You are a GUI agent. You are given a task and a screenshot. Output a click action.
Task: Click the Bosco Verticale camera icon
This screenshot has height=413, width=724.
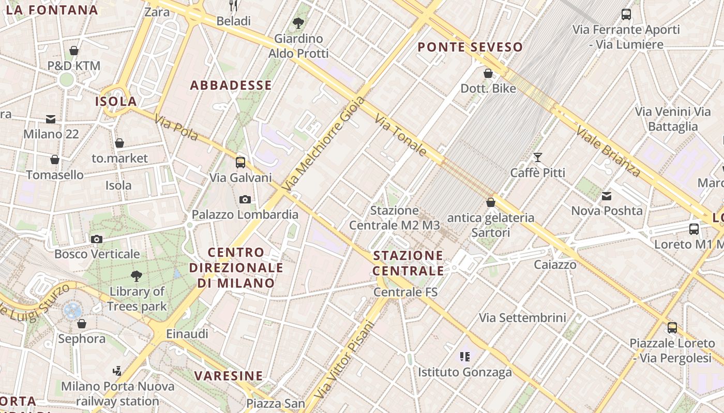pos(97,239)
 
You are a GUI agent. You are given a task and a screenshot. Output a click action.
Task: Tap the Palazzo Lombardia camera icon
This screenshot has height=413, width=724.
pos(245,199)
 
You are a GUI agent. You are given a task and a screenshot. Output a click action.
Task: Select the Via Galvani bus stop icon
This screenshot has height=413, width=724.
pos(240,163)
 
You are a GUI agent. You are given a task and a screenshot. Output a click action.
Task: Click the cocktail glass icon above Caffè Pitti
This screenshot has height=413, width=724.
pos(538,157)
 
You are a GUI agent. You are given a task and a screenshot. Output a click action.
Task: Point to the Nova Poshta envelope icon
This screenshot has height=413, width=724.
pos(607,196)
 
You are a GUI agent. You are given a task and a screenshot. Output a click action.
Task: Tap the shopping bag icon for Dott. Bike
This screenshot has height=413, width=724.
pos(488,73)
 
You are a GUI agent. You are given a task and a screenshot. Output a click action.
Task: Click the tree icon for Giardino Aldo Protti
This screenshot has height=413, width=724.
pos(298,23)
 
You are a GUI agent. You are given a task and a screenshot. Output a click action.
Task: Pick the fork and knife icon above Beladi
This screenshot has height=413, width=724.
pos(234,6)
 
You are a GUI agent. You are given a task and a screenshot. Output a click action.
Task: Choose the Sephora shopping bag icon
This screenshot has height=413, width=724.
pos(82,324)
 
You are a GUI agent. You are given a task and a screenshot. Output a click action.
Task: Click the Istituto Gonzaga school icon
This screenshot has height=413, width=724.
pos(464,356)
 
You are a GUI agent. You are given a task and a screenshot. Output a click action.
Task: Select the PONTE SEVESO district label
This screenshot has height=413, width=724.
pos(470,47)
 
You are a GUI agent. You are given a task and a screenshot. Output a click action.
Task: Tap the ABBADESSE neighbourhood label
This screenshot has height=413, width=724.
pos(231,85)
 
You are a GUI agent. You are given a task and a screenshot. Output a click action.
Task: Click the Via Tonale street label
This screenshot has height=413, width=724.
pos(401,135)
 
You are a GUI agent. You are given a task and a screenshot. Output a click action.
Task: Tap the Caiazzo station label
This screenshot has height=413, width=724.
pos(555,265)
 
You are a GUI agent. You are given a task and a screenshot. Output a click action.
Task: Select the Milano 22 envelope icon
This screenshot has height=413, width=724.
pos(51,119)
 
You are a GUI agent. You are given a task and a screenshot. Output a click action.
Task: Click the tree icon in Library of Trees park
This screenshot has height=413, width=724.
pos(137,276)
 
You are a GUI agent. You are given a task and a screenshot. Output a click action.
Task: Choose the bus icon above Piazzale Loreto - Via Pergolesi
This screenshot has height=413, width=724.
pos(672,327)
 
